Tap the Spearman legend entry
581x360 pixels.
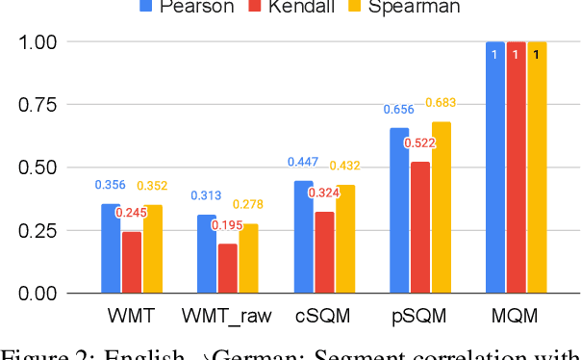[414, 7]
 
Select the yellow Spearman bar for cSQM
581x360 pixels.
[344, 239]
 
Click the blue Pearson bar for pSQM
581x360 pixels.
[398, 211]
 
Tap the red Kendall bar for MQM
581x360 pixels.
[516, 167]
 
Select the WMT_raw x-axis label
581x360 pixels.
[228, 316]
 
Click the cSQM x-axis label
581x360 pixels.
[323, 316]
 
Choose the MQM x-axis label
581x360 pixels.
[516, 316]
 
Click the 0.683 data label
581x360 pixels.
[442, 103]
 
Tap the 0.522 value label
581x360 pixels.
[419, 143]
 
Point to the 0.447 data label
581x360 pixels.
[302, 162]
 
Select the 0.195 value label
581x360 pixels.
[228, 225]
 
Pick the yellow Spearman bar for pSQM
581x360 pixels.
[441, 207]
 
